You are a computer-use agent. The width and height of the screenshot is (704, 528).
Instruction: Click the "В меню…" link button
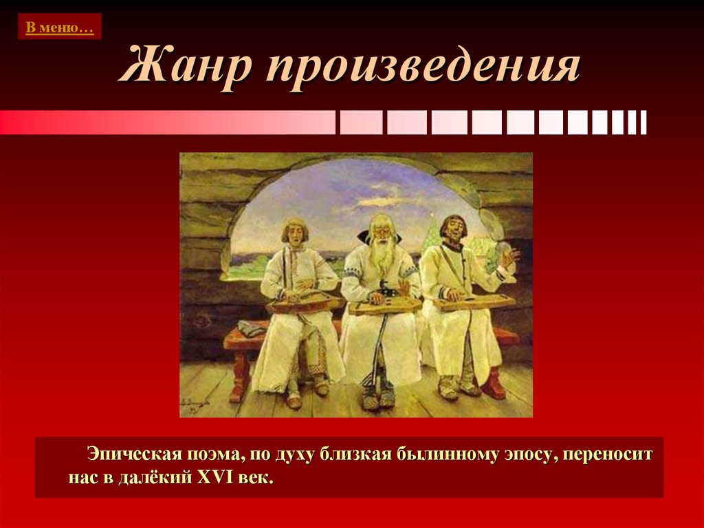tap(59, 27)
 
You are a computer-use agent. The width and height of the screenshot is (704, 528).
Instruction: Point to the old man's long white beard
tap(382, 256)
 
